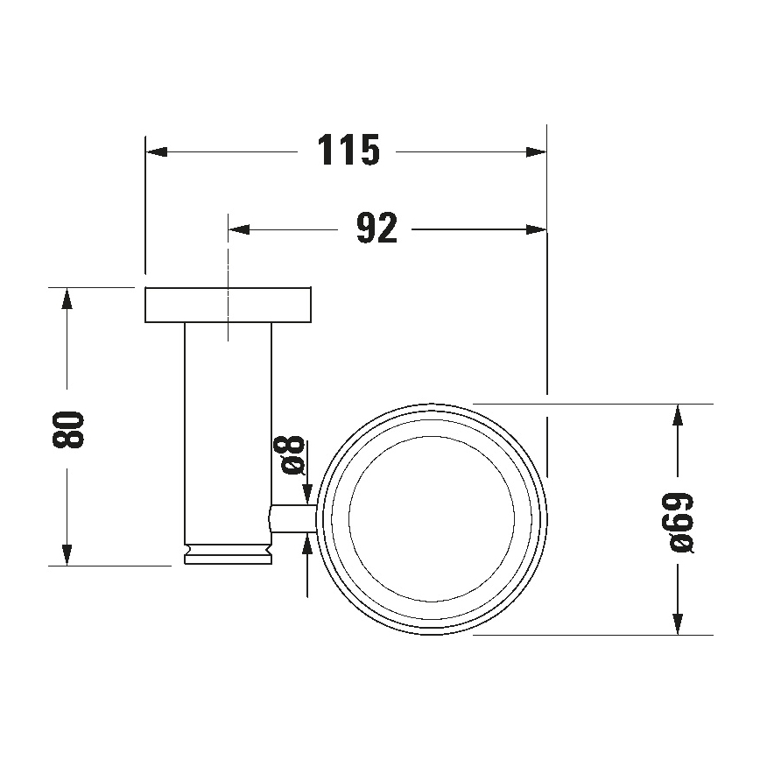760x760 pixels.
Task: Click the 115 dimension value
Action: point(348,151)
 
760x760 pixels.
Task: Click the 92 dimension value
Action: point(376,229)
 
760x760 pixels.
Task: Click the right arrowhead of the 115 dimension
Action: point(536,151)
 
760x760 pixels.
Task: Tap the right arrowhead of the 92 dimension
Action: point(536,229)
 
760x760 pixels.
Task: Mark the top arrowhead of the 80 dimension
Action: point(67,298)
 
